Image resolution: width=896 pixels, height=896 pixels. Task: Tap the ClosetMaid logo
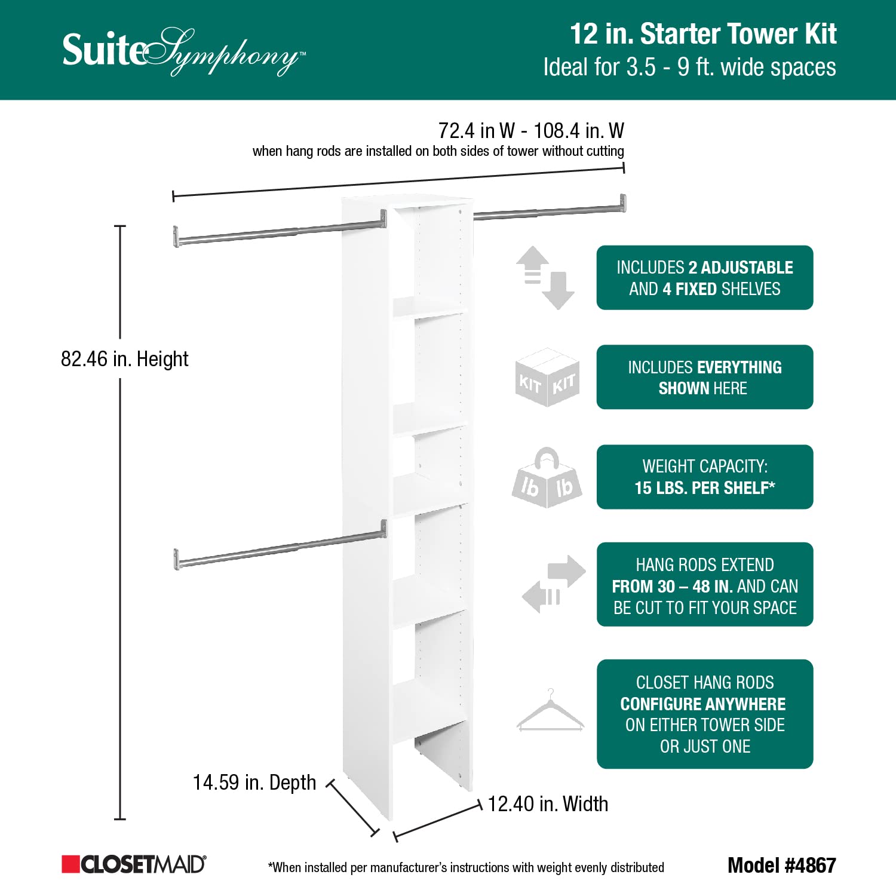pos(134,864)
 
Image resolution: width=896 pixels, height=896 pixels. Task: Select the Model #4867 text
pos(781,865)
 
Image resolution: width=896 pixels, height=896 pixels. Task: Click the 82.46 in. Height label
pos(124,359)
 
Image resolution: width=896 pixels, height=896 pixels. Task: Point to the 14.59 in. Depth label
pos(254,783)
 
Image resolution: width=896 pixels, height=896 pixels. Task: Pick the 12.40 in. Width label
pos(548,804)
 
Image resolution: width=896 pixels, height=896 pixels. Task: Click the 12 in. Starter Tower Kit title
pos(703,34)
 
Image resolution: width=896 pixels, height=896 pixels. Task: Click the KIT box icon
pos(547,378)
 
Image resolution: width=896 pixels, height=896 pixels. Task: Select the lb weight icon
pos(547,478)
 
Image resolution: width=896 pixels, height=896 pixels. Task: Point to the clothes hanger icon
pos(550,711)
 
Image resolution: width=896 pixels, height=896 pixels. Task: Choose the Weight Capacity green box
pos(705,477)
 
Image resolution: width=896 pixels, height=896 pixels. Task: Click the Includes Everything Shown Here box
pos(705,377)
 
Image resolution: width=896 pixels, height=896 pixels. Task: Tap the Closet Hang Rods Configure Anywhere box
pos(705,714)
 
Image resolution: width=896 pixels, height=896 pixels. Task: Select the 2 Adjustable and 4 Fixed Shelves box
pos(705,278)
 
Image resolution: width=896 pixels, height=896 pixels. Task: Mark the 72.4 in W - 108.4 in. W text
pos(531,130)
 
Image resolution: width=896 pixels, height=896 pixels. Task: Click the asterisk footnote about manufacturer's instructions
pos(466,867)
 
